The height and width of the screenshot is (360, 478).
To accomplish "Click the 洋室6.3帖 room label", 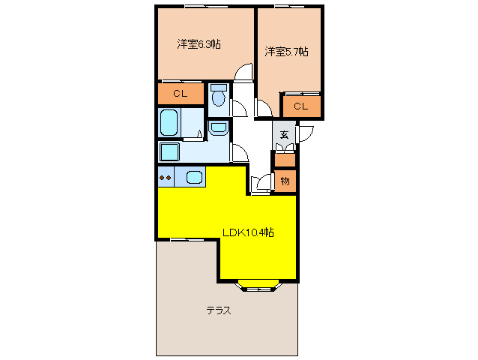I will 198,44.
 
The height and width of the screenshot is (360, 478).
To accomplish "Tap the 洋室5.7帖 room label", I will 286,51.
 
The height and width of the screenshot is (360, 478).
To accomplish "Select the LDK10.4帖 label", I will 248,232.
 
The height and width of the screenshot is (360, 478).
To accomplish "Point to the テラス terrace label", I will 218,310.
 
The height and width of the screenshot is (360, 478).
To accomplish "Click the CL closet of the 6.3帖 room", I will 180,94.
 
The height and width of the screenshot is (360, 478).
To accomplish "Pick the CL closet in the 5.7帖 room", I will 300,106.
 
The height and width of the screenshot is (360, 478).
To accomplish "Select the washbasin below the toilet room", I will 218,127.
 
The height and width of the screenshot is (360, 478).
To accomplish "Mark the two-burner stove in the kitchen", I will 165,178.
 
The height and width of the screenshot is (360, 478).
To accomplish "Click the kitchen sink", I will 193,178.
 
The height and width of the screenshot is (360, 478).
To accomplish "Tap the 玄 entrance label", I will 285,135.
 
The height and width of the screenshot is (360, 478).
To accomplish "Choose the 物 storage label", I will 285,181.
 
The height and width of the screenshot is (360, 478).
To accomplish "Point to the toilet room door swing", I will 240,107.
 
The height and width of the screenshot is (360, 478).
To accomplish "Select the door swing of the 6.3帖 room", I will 243,72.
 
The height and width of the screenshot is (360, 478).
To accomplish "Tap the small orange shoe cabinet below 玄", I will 285,159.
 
